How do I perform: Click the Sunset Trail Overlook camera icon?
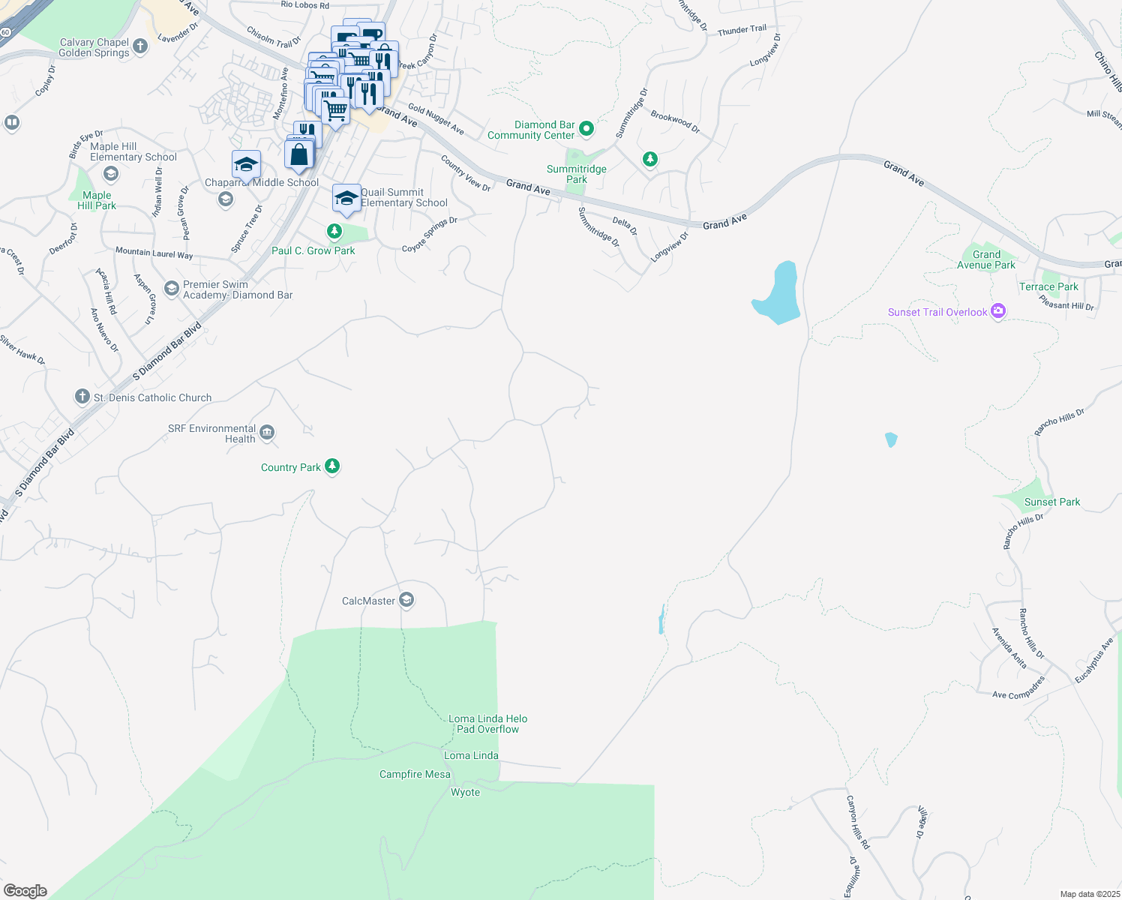click(997, 311)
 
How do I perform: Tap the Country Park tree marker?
click(331, 466)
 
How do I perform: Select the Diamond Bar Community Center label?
click(531, 130)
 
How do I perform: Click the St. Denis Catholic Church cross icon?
click(82, 397)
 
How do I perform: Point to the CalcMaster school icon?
click(406, 600)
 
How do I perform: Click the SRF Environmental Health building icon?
click(267, 433)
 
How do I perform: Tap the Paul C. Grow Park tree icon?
click(334, 232)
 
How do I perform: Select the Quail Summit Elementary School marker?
click(346, 198)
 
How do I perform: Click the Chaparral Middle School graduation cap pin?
click(246, 164)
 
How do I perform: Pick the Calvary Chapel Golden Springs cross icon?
click(140, 46)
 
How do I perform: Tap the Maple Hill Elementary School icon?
click(111, 174)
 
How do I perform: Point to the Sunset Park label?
click(1051, 502)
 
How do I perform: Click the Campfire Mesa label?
click(415, 774)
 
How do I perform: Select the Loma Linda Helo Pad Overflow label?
click(487, 724)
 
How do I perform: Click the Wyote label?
click(465, 792)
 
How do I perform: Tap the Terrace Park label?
click(1048, 286)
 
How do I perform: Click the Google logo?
click(25, 891)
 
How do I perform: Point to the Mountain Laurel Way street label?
click(154, 253)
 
